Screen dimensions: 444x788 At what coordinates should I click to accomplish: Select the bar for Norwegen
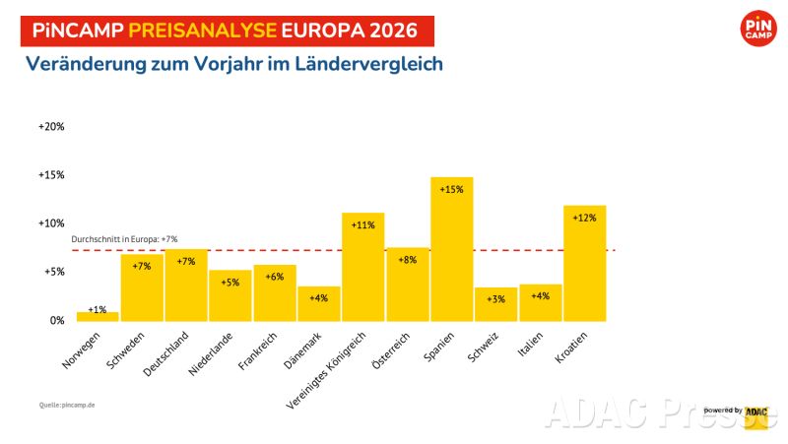coord(98,316)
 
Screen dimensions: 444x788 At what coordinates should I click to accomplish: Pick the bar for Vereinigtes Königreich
coord(362,266)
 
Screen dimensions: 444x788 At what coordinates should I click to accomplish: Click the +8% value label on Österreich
coord(407,261)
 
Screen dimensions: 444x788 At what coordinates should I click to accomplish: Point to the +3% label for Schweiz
coord(495,298)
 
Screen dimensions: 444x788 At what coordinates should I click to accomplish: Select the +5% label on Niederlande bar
coord(230,283)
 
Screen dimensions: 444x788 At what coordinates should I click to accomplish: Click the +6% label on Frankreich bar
coord(274,277)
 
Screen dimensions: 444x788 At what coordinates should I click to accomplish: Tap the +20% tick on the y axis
coord(51,127)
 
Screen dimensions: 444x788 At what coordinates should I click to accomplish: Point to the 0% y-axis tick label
coord(56,321)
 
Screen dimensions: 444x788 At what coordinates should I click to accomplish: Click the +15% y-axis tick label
coord(51,175)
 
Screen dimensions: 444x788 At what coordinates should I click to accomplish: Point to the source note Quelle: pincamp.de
coord(68,405)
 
